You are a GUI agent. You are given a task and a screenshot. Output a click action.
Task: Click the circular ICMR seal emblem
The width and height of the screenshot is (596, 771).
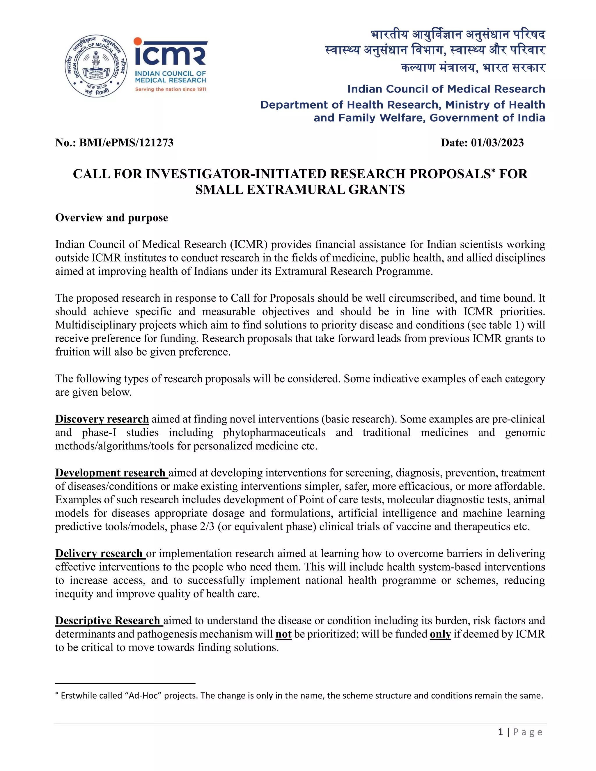click(96, 66)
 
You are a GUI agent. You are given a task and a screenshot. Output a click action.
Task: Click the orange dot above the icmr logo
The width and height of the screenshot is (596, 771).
click(138, 42)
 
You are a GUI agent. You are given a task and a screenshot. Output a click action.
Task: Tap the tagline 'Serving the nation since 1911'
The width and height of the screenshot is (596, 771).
click(171, 89)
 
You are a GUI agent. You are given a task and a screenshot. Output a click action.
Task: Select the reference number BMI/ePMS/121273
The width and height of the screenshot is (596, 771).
click(126, 143)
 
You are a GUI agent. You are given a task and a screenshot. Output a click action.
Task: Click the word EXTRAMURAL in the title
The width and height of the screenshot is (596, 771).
click(296, 190)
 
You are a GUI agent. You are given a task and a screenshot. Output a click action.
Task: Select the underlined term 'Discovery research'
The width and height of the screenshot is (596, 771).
click(102, 419)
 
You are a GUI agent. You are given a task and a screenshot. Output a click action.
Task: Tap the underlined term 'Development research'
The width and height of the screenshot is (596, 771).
click(111, 473)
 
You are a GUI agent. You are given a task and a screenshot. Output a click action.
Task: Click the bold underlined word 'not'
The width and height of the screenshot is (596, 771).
click(283, 634)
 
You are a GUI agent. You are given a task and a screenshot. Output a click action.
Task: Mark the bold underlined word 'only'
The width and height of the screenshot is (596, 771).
click(440, 634)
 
